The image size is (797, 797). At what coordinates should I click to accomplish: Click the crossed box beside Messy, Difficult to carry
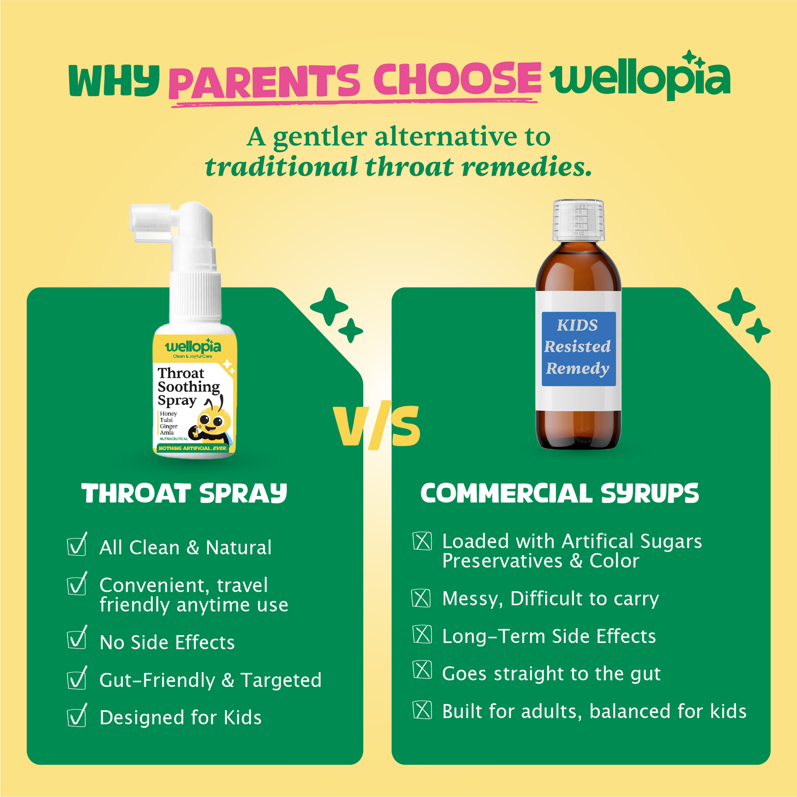coord(421,598)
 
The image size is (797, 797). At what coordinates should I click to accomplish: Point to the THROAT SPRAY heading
coord(184,493)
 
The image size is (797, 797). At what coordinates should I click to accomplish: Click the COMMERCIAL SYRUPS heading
coord(560,493)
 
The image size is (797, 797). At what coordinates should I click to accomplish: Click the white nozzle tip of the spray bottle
coord(138,223)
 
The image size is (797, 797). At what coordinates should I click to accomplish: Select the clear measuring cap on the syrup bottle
coord(578,220)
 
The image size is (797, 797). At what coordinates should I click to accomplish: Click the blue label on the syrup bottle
coord(578,349)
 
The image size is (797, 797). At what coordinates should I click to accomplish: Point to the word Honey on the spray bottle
coord(168,413)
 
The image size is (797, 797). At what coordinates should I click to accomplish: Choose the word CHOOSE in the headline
coord(457,78)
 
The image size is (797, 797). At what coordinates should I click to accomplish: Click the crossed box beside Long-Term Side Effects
coord(422,634)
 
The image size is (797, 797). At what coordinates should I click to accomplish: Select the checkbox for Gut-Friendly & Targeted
coord(77,678)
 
